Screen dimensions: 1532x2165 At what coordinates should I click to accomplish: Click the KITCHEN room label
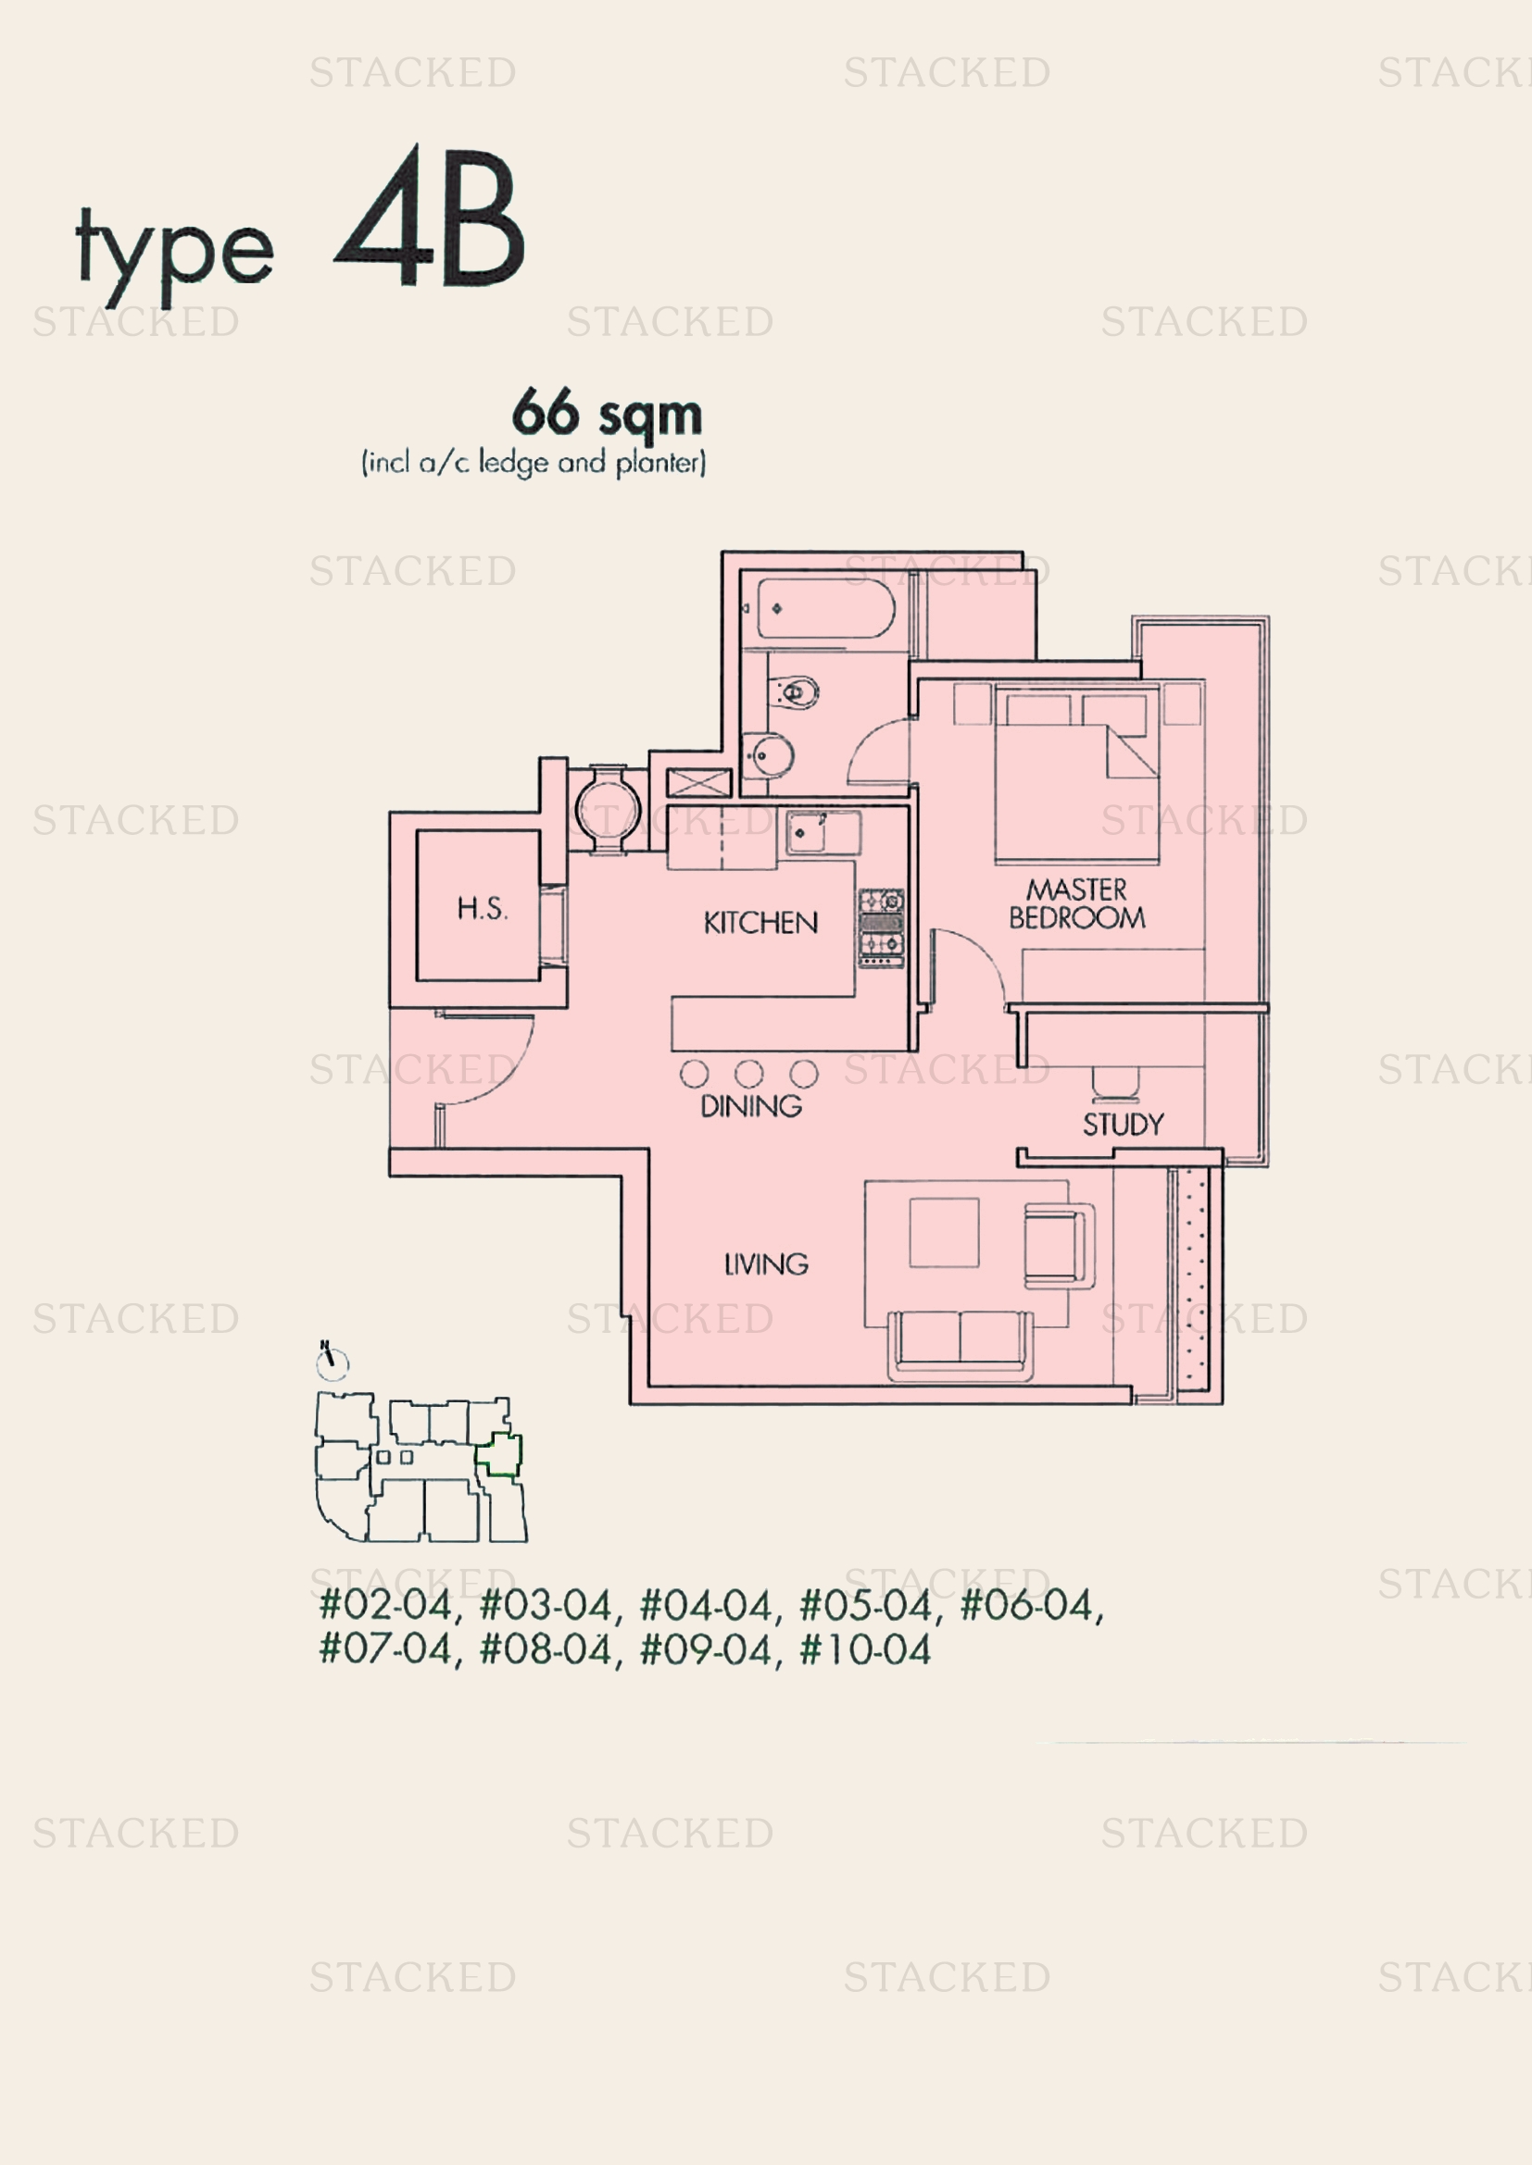click(760, 922)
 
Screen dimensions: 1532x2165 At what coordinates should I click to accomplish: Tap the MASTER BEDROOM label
click(1077, 903)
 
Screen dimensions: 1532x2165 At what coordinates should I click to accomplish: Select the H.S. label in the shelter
click(482, 908)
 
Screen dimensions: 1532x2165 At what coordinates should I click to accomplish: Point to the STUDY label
click(1123, 1124)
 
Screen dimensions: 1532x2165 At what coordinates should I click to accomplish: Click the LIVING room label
click(766, 1263)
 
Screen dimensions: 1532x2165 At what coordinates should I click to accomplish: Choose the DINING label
click(751, 1106)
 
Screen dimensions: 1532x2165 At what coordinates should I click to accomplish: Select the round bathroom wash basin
click(769, 754)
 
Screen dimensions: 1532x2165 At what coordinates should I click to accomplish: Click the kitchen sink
click(807, 833)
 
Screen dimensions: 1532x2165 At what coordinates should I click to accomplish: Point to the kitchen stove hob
click(881, 927)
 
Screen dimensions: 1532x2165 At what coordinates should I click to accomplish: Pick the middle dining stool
click(749, 1073)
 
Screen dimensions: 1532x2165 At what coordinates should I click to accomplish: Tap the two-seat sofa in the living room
click(961, 1345)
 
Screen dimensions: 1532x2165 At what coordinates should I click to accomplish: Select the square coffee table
click(944, 1232)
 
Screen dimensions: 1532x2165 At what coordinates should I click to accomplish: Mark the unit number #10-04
click(865, 1650)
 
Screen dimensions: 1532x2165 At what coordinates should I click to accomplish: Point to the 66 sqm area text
click(608, 413)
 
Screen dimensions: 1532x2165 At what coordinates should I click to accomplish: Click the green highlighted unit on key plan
click(499, 1455)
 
